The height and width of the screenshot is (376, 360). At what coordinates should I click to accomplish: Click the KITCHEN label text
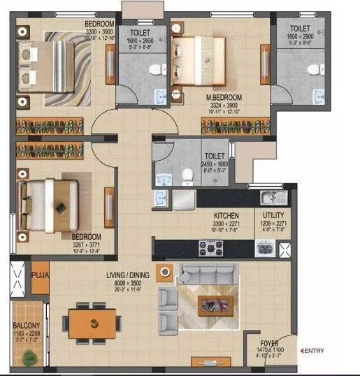(x=227, y=216)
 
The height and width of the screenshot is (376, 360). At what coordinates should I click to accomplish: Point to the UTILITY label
(x=273, y=216)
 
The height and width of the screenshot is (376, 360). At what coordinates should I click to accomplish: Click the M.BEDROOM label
(x=223, y=97)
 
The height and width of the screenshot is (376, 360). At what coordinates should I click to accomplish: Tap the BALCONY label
(x=25, y=326)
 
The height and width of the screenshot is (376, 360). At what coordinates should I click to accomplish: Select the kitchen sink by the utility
(x=270, y=197)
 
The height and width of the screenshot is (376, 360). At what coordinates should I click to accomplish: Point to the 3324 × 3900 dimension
(x=223, y=106)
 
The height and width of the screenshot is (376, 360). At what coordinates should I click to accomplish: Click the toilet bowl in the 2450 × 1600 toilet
(x=187, y=175)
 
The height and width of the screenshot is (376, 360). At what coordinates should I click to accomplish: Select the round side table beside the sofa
(x=165, y=273)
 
